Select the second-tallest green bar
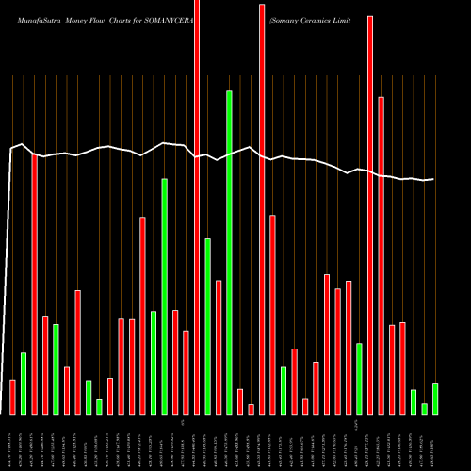pyautogui.click(x=164, y=297)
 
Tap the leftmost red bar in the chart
pyautogui.click(x=13, y=397)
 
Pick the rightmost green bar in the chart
pyautogui.click(x=434, y=398)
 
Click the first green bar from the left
pyautogui.click(x=24, y=383)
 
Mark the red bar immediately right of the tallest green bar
pyautogui.click(x=240, y=401)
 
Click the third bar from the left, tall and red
pyautogui.click(x=35, y=284)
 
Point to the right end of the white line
pyautogui.click(x=433, y=179)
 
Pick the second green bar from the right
pyautogui.click(x=424, y=409)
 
